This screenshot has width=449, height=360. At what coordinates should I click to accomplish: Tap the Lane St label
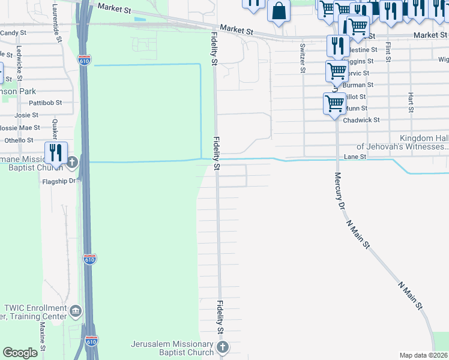[x=355, y=157]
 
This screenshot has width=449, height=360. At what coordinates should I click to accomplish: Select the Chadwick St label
[x=361, y=120]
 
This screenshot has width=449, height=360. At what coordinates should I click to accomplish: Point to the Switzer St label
[x=302, y=58]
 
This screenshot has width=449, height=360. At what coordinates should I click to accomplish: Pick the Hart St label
[x=411, y=102]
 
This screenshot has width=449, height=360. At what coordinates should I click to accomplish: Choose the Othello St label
[x=19, y=140]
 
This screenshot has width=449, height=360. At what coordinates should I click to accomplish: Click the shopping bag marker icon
[x=279, y=10]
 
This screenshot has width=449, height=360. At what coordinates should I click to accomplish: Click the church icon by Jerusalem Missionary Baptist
[x=222, y=347]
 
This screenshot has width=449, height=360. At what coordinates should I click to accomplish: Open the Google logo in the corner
[x=20, y=352]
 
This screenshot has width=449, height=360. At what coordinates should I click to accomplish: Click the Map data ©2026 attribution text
[x=423, y=355]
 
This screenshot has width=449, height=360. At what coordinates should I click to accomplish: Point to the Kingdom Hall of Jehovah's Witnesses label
[x=402, y=142]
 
